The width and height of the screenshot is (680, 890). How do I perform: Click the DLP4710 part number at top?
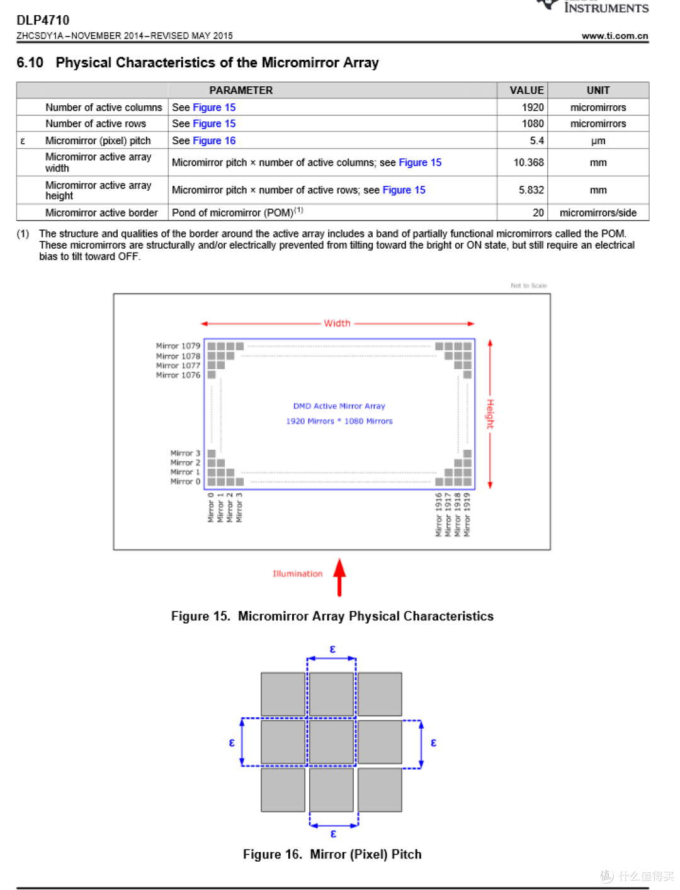pyautogui.click(x=43, y=20)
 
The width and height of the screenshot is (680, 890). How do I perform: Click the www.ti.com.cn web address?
pyautogui.click(x=615, y=36)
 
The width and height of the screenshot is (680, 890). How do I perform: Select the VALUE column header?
pyautogui.click(x=526, y=90)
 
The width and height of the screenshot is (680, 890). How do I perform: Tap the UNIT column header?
pyautogui.click(x=598, y=90)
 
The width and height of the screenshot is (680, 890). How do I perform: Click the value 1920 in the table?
pyautogui.click(x=532, y=107)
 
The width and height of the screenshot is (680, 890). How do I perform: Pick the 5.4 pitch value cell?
pyautogui.click(x=536, y=140)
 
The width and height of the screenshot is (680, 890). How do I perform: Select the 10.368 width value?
pyautogui.click(x=528, y=163)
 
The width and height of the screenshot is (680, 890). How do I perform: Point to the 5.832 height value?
pyautogui.click(x=531, y=190)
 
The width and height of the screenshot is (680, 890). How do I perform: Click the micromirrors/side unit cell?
pyautogui.click(x=598, y=213)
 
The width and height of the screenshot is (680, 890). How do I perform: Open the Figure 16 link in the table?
pyautogui.click(x=214, y=140)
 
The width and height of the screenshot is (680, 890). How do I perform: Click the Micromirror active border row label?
pyautogui.click(x=101, y=213)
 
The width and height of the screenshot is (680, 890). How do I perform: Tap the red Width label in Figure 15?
pyautogui.click(x=337, y=323)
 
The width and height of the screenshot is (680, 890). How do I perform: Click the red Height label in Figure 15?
pyautogui.click(x=490, y=414)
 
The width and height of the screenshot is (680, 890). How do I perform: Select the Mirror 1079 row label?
pyautogui.click(x=178, y=346)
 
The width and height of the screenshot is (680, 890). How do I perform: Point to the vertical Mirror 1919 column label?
pyautogui.click(x=467, y=515)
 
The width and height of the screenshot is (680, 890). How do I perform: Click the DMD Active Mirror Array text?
pyautogui.click(x=339, y=406)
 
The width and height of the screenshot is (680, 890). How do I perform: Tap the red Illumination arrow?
pyautogui.click(x=339, y=576)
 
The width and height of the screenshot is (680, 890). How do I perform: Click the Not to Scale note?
pyautogui.click(x=528, y=285)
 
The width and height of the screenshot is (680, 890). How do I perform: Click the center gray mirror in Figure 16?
pyautogui.click(x=331, y=742)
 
